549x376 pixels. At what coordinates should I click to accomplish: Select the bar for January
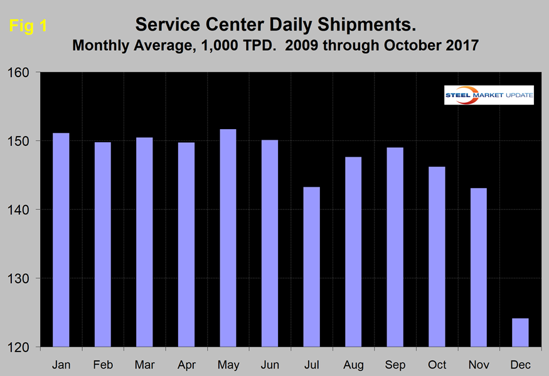point(61,240)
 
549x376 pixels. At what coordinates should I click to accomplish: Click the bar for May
point(228,238)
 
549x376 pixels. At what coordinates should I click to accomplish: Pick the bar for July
point(311,267)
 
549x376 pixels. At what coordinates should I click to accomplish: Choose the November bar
point(478,268)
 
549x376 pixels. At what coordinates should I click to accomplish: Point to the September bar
point(395,247)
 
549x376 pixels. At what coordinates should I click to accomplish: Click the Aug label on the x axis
point(353,364)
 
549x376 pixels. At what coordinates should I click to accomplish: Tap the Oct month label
point(437,364)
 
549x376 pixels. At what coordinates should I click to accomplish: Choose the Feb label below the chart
point(102,364)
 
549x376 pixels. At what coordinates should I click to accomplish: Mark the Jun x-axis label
point(270,364)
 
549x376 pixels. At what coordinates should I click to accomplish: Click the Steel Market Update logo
point(489,95)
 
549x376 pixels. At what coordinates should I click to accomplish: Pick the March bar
point(144,242)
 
